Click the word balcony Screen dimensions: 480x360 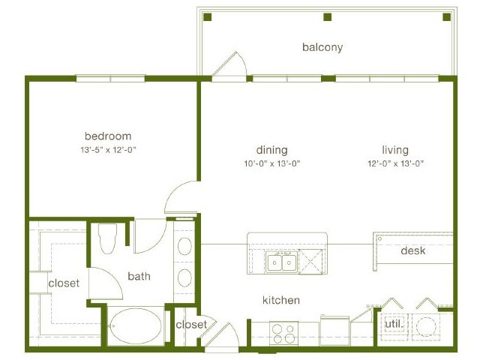pos(322,47)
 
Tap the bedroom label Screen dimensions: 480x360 pos(108,136)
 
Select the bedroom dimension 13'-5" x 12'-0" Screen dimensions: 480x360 pos(108,150)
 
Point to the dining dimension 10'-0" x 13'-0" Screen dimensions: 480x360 pos(271,163)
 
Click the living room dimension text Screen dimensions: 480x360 pos(395,163)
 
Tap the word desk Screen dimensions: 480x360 pos(413,250)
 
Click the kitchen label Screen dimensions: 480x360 pos(281,300)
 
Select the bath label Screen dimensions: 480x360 pos(139,276)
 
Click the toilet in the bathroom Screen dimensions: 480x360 pos(108,238)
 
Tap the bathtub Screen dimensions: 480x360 pos(135,326)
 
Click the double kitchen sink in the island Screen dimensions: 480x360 pos(281,262)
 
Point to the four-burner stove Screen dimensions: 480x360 pos(283,333)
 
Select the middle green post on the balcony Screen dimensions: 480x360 pos(328,16)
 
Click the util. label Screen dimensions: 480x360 pos(393,323)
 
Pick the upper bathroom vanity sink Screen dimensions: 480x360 pos(184,246)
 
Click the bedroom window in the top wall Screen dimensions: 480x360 pos(110,79)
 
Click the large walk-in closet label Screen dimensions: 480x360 pos(64,283)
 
